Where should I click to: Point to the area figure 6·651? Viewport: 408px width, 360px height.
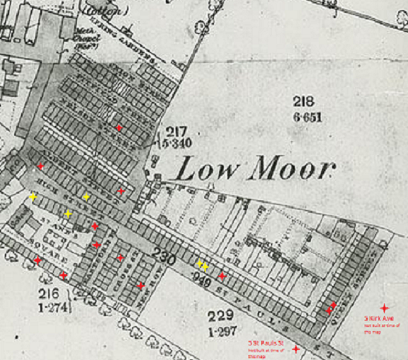[307, 116]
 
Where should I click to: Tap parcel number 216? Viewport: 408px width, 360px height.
[46, 293]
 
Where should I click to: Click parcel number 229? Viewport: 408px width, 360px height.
[221, 315]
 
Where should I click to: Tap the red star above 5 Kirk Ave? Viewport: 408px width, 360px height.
[384, 308]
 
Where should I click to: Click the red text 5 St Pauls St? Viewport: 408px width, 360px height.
[265, 342]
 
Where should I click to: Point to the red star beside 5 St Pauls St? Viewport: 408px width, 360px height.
[295, 349]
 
